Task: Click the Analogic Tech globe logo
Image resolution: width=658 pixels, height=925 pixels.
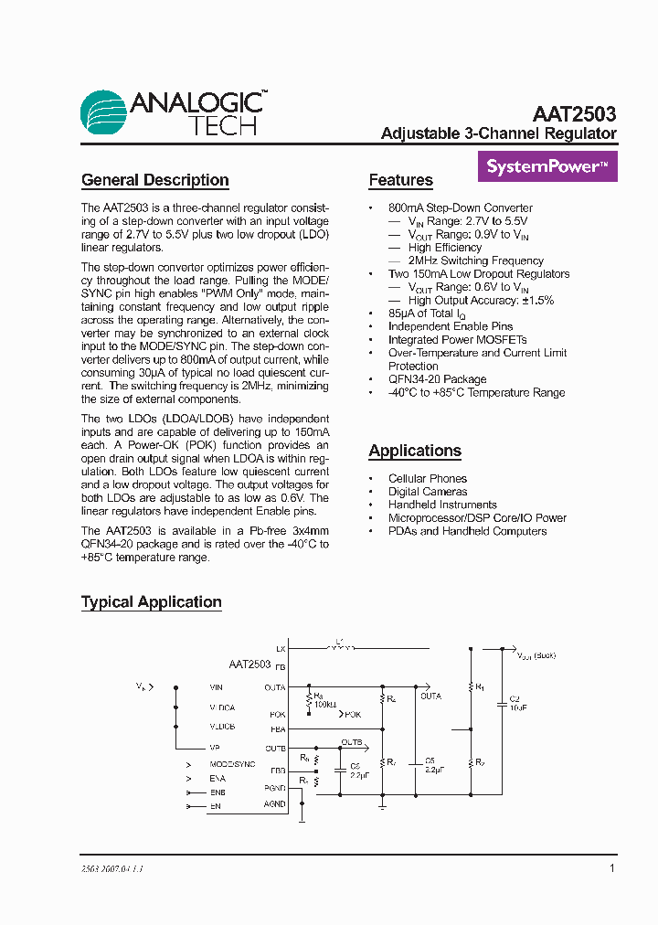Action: pos(103,112)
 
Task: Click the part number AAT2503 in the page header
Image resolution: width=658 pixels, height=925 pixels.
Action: pos(574,114)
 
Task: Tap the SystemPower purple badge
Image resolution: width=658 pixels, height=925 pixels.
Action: pos(547,166)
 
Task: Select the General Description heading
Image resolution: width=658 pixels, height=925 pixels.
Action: pos(154,180)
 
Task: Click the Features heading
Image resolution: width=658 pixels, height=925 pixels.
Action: pos(400,180)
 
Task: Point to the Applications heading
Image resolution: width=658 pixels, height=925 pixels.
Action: pos(414,451)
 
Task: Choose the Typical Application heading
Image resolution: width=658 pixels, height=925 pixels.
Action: pos(151,602)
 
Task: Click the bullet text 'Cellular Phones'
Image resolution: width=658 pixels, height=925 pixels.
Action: pos(427,478)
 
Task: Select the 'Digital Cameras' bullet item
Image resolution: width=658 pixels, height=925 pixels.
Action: pos(427,492)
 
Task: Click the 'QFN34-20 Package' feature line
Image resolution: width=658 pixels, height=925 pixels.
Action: pos(438,379)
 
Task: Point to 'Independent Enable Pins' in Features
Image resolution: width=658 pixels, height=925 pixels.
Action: pos(451,326)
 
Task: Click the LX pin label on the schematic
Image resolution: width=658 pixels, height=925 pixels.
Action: pos(281,648)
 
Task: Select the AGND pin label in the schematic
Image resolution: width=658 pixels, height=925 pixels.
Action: pos(275,804)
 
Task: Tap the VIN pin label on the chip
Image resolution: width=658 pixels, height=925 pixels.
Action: pos(216,686)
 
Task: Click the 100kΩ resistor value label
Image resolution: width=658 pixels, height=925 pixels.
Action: pos(324,705)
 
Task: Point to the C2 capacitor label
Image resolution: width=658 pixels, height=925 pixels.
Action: pos(514,698)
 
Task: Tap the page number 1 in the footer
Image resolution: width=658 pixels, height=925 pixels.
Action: pos(612,868)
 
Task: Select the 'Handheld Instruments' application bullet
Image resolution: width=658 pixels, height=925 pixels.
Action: pos(442,505)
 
